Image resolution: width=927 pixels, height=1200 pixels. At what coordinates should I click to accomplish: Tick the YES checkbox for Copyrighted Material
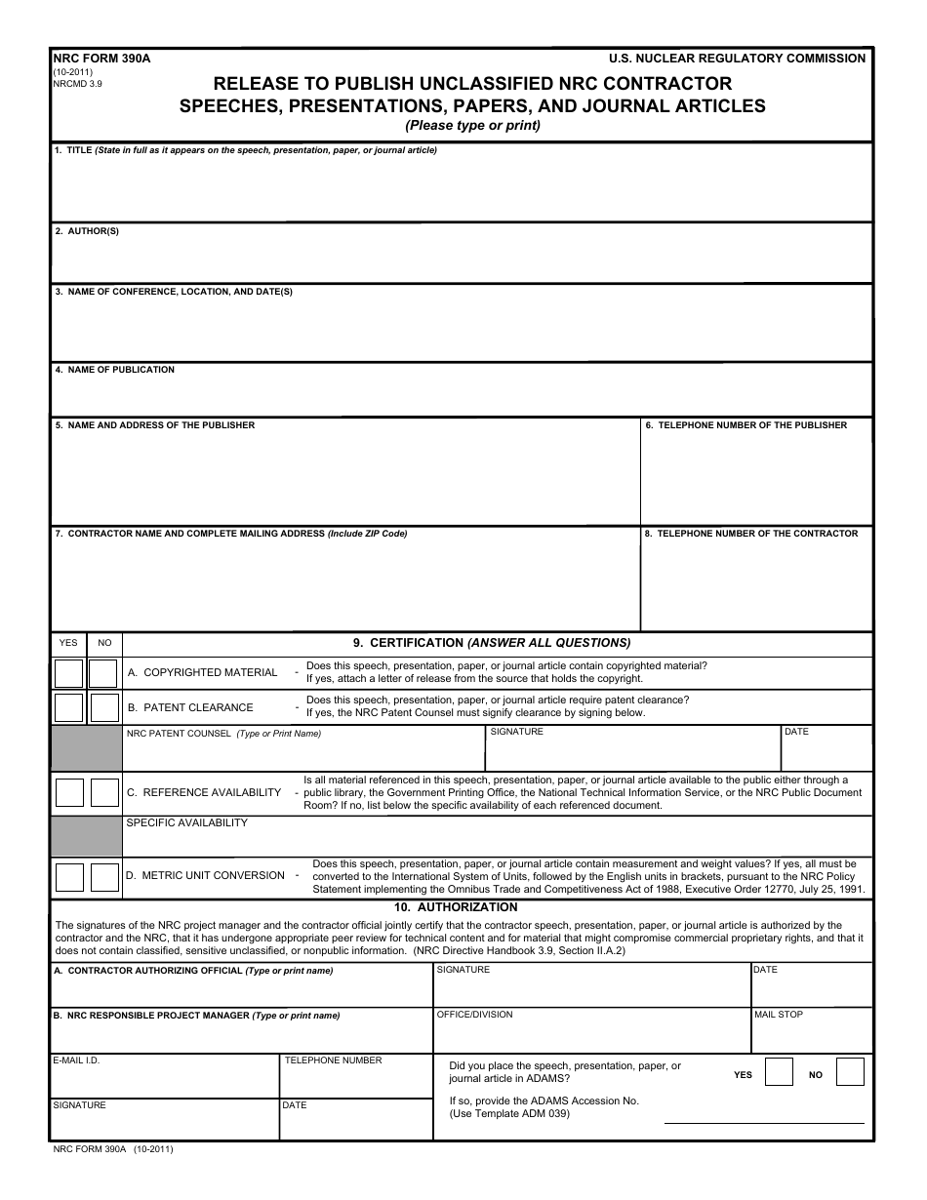point(68,673)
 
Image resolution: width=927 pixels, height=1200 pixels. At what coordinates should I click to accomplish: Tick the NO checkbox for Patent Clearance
point(103,707)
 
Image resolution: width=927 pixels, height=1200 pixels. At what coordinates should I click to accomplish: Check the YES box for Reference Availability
point(68,792)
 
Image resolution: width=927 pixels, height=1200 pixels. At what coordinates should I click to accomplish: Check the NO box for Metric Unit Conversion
point(104,877)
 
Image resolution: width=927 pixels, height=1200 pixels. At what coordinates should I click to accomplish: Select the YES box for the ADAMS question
point(779,1073)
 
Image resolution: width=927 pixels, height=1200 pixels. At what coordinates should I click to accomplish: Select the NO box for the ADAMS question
point(850,1073)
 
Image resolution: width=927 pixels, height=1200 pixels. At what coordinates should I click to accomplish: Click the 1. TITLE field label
point(73,150)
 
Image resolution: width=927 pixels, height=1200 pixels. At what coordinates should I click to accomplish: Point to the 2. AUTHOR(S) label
point(87,231)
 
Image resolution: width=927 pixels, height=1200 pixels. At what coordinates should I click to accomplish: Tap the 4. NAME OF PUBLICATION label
point(114,370)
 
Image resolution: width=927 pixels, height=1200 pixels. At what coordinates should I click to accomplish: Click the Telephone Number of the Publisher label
point(746,425)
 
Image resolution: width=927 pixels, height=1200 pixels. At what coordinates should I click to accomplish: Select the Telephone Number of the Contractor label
point(751,534)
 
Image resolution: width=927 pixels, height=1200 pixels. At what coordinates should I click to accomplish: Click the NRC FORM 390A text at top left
point(88,59)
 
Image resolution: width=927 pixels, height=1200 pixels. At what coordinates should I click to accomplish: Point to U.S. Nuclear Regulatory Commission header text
point(736,59)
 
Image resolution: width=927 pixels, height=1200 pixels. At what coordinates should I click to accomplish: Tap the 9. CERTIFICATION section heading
point(491,643)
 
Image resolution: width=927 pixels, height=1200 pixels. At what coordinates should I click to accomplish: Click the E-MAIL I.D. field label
point(76,1060)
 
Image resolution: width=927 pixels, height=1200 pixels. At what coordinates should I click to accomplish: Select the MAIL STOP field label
point(778,1015)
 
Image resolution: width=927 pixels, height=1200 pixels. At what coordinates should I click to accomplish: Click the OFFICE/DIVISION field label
point(474,1015)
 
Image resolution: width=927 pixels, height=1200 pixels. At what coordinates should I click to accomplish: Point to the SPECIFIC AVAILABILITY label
point(186,822)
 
